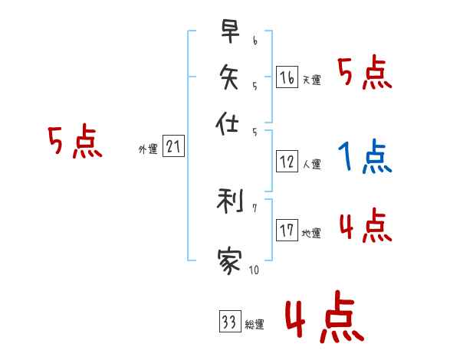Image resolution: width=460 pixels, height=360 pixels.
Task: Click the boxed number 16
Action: coord(287,77)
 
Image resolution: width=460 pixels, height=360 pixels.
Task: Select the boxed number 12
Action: coord(287,161)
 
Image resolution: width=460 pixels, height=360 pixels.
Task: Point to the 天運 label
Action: coord(311,80)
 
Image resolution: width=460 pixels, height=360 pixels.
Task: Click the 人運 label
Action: coord(311,164)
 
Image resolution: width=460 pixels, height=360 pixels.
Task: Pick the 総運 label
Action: coord(254,325)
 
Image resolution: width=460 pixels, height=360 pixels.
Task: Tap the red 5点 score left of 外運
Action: coord(74,142)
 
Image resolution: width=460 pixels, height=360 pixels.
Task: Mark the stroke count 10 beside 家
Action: coord(254,270)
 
